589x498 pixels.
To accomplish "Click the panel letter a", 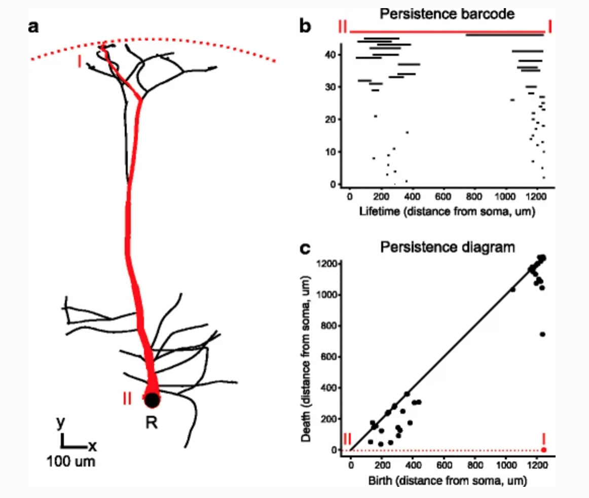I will (x=33, y=27).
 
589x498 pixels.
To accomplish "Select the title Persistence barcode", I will (x=447, y=14).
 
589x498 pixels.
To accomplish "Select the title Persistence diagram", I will (x=447, y=247).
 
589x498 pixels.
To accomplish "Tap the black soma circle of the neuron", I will (x=152, y=400).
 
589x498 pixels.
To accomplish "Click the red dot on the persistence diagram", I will (x=544, y=450).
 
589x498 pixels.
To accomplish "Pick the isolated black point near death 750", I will (x=542, y=334).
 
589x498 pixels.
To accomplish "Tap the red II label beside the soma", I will (x=127, y=399).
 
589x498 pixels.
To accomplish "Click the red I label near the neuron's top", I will (x=79, y=62).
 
